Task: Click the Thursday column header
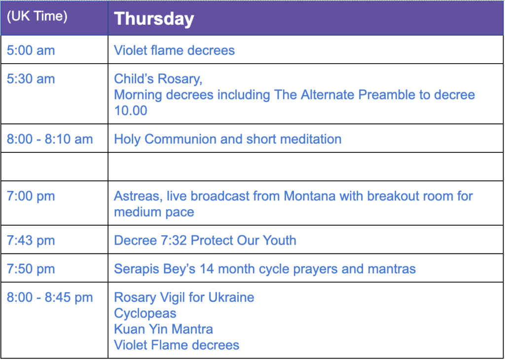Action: [x=154, y=19]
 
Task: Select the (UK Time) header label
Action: [x=37, y=16]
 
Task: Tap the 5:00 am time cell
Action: [x=31, y=50]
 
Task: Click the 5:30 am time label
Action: [x=31, y=79]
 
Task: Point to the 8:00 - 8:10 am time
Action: [x=50, y=139]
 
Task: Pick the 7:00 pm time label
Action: [x=31, y=196]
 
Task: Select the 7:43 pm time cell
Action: [x=31, y=241]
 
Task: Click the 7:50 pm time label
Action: [x=31, y=269]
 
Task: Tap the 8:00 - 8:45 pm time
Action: [x=50, y=297]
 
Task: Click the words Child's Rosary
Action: [x=158, y=79]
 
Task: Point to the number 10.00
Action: [x=130, y=110]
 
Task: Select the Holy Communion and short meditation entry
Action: [x=228, y=140]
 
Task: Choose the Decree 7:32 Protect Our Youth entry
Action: [x=205, y=241]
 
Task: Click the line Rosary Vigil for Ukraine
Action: [x=184, y=297]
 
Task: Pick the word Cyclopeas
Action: [x=145, y=314]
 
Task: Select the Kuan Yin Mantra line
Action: [x=163, y=329]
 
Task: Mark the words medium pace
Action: [x=154, y=213]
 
